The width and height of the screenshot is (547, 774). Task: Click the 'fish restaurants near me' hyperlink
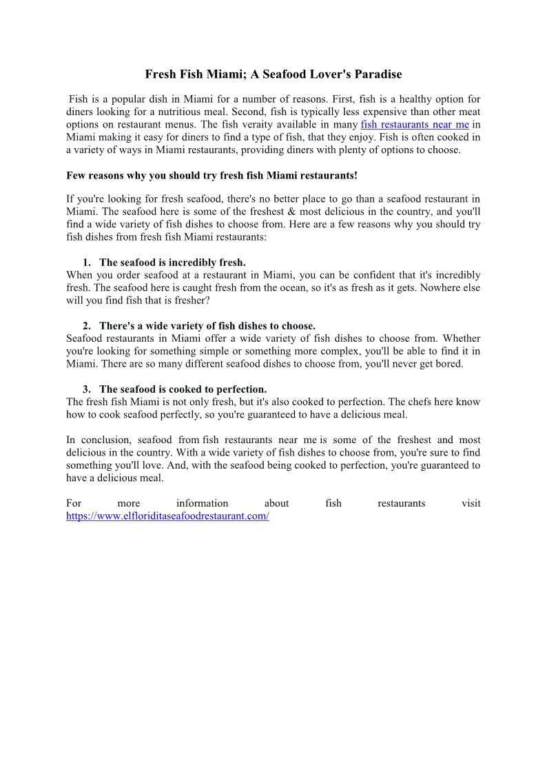coord(415,125)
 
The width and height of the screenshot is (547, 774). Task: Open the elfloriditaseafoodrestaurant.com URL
coord(167,516)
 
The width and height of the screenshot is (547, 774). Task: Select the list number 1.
coord(87,263)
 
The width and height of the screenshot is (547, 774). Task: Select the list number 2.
coord(87,326)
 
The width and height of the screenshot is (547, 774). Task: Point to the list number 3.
coord(87,389)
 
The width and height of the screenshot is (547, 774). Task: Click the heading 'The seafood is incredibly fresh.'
coord(172,263)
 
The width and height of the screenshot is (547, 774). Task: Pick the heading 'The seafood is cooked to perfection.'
coord(183,389)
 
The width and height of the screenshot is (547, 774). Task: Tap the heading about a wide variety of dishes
coord(207,326)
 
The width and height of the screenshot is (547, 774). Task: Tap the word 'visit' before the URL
coord(471,503)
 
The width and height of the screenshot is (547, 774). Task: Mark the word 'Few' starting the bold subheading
coord(75,176)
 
